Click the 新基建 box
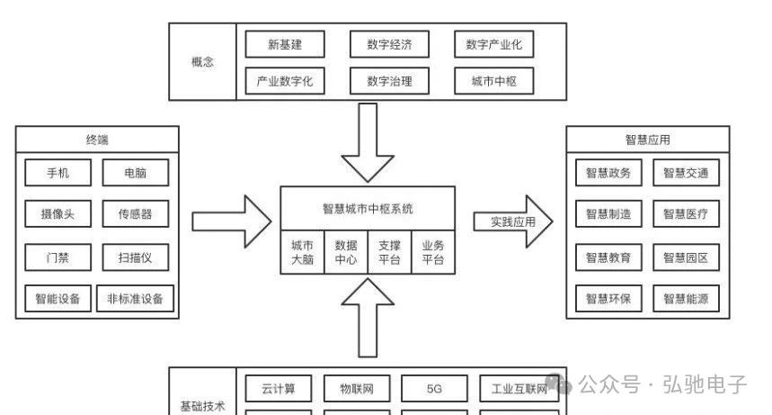click(285, 44)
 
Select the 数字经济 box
click(389, 44)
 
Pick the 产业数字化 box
click(285, 82)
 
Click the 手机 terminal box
click(58, 172)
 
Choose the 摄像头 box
click(58, 214)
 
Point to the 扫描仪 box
click(136, 257)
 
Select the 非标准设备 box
click(136, 299)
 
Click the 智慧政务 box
click(608, 173)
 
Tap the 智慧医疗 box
click(686, 214)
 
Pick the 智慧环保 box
click(608, 299)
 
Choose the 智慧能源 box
click(686, 299)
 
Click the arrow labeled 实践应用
click(513, 221)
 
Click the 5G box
click(435, 389)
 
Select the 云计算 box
click(279, 389)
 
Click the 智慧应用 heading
click(647, 140)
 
